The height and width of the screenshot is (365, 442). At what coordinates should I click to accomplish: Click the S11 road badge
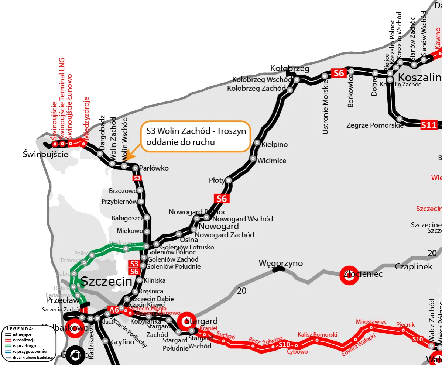[x=429, y=125]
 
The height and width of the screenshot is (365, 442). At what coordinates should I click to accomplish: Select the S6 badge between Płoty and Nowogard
[x=222, y=199]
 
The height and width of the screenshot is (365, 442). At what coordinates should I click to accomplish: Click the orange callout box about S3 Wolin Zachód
[x=195, y=136]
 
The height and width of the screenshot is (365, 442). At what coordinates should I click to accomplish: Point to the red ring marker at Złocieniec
[x=349, y=276]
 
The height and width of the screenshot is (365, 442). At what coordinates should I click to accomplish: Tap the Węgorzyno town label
[x=281, y=264]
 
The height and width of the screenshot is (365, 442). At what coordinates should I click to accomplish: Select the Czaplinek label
[x=414, y=266]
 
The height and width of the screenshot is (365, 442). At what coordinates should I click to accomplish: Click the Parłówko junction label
[x=154, y=168]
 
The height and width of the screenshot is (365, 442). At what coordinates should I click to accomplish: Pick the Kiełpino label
[x=274, y=144]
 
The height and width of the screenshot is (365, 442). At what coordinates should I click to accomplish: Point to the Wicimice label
[x=271, y=161]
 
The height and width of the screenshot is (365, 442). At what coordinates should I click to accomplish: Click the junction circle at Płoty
[x=229, y=180]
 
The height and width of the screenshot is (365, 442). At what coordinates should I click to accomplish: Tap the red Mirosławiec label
[x=371, y=322]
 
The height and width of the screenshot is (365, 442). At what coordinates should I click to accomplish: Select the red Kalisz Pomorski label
[x=317, y=335]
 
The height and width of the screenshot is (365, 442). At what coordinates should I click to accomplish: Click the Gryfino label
[x=123, y=342]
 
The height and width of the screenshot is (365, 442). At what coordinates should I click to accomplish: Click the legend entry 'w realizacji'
[x=25, y=339]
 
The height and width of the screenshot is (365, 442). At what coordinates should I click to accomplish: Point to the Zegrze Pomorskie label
[x=375, y=125]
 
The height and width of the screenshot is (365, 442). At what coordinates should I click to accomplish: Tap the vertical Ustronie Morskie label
[x=325, y=110]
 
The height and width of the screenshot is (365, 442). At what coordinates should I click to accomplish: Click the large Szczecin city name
[x=106, y=282]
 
